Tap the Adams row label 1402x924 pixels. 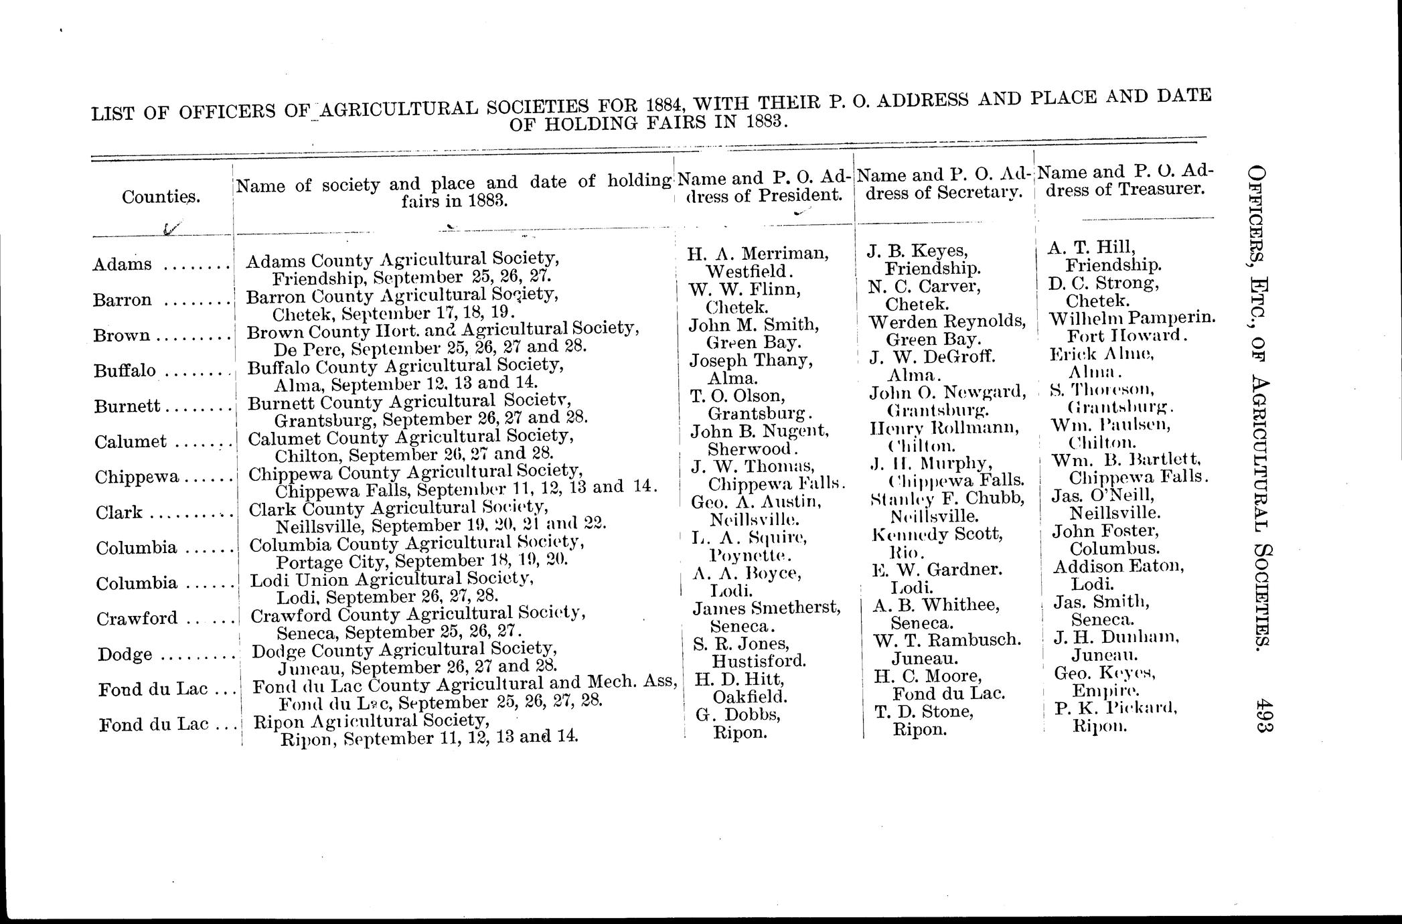pos(123,264)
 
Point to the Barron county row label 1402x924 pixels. pos(123,300)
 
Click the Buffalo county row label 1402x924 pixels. pos(125,371)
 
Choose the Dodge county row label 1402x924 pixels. pos(125,654)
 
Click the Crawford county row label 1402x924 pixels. pos(128,619)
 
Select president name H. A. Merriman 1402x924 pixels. pos(758,253)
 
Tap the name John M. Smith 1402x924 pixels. pos(754,325)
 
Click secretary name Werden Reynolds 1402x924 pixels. pos(947,321)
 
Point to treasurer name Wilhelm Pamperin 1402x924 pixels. pos(1132,317)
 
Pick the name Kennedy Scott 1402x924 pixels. pos(937,534)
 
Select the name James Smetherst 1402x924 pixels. pos(766,608)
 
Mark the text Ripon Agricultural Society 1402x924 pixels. pos(370,721)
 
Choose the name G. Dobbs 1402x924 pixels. pos(738,714)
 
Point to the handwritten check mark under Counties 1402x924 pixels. pos(171,230)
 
